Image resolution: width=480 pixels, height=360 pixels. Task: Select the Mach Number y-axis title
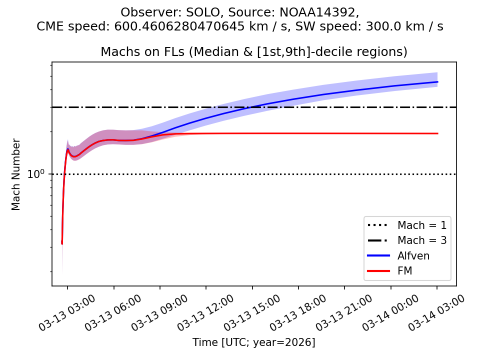pos(16,174)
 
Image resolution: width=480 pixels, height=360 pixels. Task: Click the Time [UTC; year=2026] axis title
pos(254,342)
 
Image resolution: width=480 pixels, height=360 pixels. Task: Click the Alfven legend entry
pos(413,256)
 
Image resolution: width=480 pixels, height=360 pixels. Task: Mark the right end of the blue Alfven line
pos(437,82)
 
